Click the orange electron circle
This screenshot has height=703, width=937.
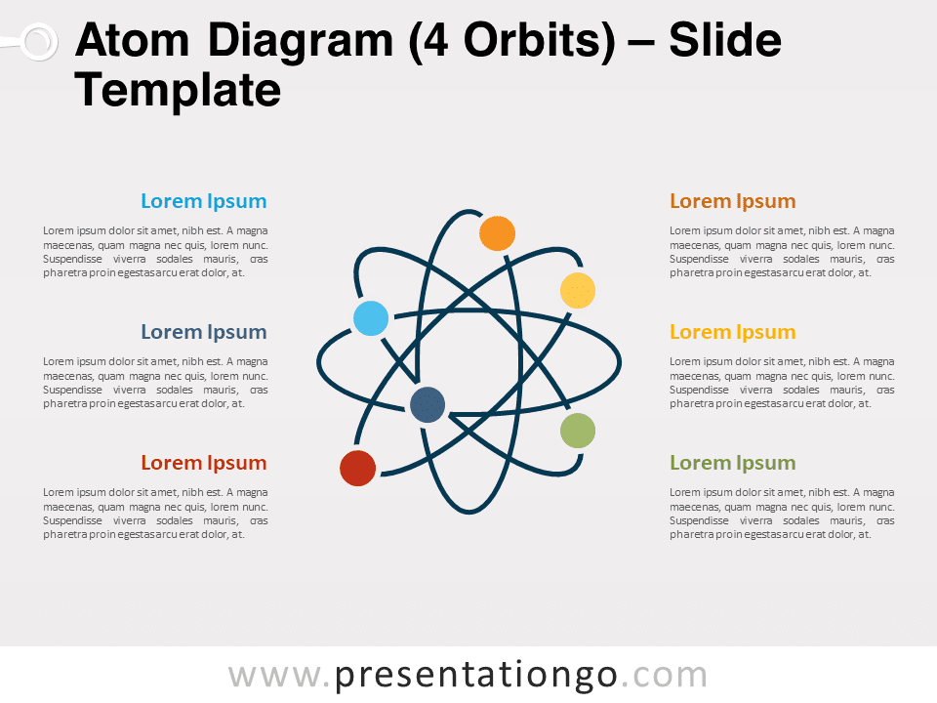click(497, 233)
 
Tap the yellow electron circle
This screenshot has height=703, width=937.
click(577, 290)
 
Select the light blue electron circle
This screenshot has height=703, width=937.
click(371, 318)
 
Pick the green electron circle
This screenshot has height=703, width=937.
click(578, 431)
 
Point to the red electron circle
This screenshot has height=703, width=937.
click(357, 468)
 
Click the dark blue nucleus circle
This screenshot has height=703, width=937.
click(428, 404)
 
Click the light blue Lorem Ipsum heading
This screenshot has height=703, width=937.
click(203, 201)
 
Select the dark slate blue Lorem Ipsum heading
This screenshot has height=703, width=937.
click(203, 332)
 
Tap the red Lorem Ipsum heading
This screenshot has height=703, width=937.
click(203, 463)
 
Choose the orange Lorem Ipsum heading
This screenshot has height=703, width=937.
click(732, 201)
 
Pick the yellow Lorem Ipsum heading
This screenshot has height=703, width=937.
click(732, 332)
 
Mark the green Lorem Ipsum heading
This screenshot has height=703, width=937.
click(732, 463)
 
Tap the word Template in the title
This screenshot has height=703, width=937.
click(178, 91)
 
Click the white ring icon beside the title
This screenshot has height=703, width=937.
click(37, 42)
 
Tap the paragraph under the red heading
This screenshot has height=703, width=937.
click(155, 514)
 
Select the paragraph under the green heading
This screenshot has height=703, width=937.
click(782, 514)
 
